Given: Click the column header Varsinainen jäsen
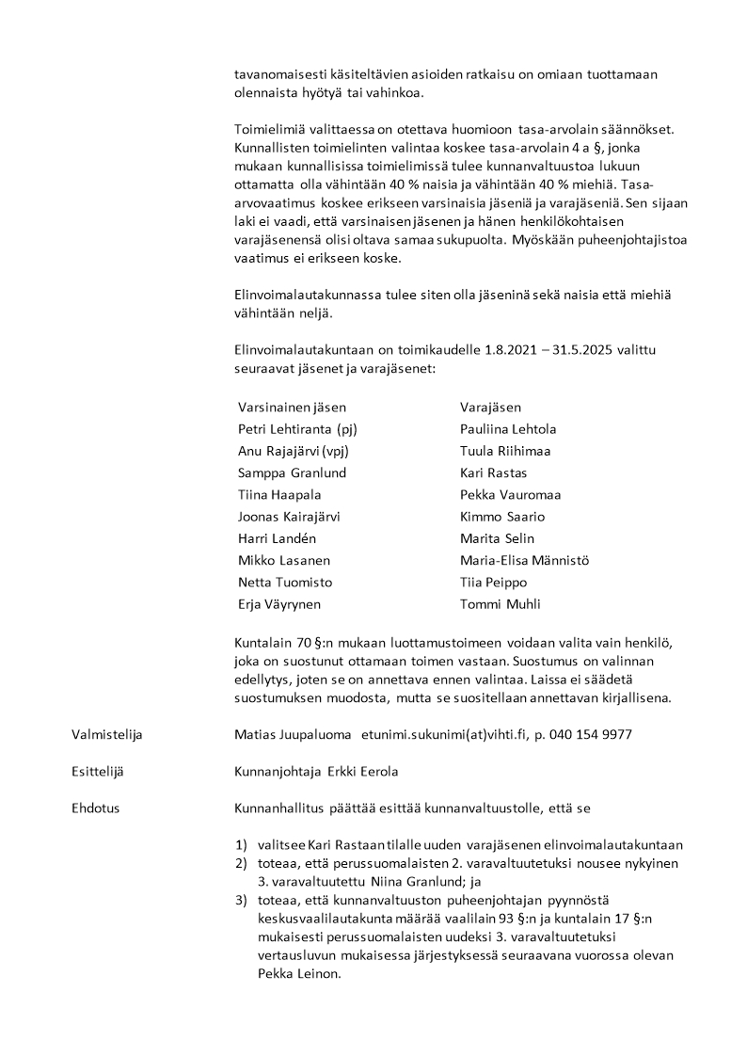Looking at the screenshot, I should (292, 408).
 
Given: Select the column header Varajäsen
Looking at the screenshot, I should (490, 408).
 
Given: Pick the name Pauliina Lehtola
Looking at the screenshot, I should (508, 429).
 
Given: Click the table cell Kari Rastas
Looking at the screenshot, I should (493, 473).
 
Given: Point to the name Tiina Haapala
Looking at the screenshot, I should (279, 495).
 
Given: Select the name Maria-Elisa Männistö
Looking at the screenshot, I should (524, 561).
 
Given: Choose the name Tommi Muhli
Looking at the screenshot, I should (500, 604).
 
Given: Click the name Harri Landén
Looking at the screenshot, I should (278, 538).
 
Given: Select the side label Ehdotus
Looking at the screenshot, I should (96, 808).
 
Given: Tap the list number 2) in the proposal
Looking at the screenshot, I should (241, 863).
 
